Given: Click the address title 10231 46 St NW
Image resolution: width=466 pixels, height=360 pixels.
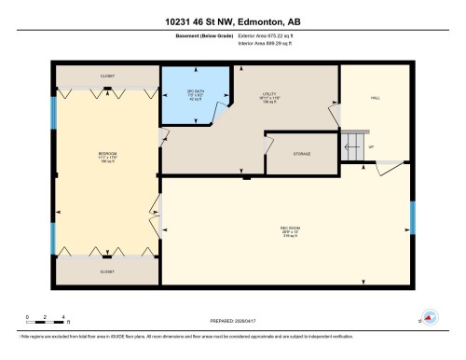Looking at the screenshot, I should coord(232,21).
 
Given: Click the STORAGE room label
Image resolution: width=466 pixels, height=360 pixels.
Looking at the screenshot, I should coord(301,154).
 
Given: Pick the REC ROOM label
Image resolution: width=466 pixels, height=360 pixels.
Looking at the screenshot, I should coord(288,231).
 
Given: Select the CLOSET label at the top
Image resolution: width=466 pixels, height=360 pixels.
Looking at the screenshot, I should coord(108,76).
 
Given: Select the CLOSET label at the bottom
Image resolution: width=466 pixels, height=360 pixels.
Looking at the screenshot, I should coord(108,271).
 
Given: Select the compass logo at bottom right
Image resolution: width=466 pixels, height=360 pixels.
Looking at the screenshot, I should coord(430,317).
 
